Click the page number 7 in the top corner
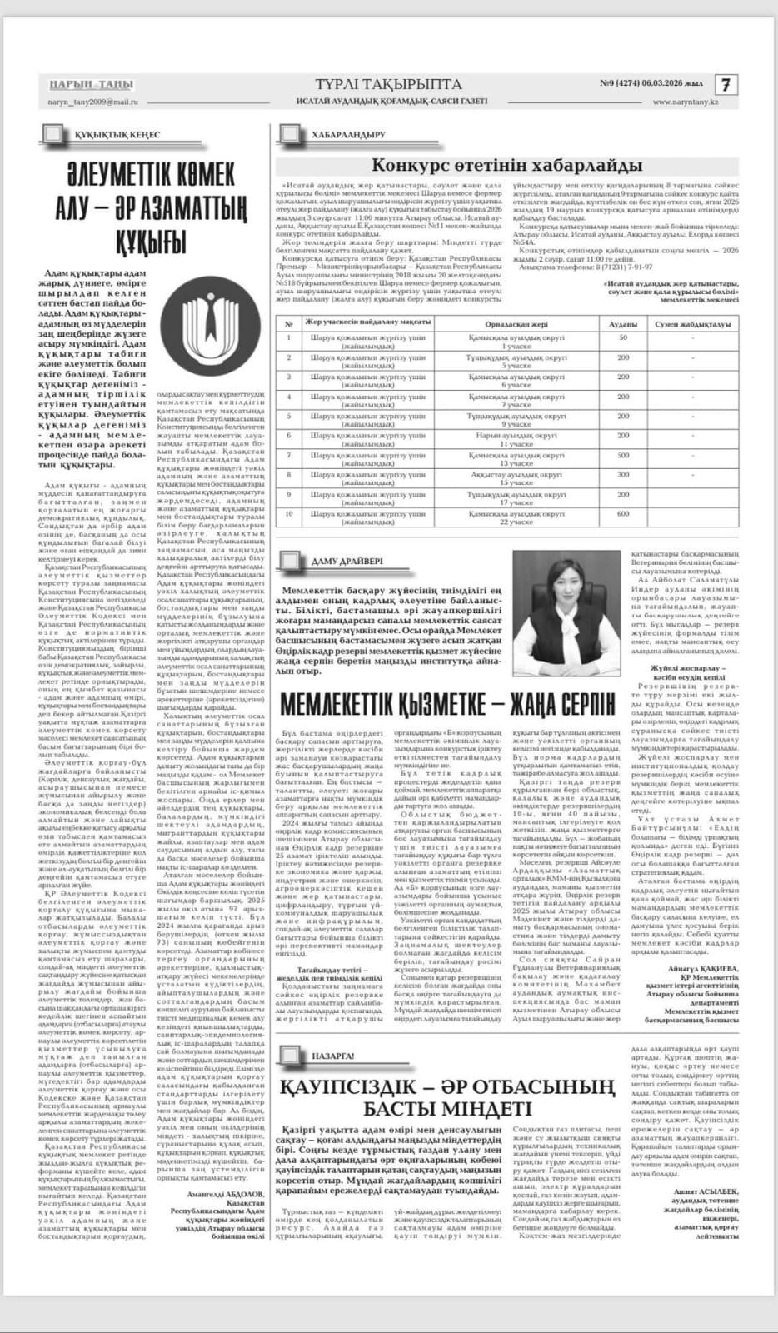coord(726,85)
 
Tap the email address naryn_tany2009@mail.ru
coord(90,102)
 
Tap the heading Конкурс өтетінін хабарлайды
coord(506,164)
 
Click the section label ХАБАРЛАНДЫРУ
coord(347,134)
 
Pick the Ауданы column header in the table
coord(622,322)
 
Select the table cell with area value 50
coord(622,337)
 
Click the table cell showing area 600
coord(622,514)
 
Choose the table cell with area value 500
coord(622,455)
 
